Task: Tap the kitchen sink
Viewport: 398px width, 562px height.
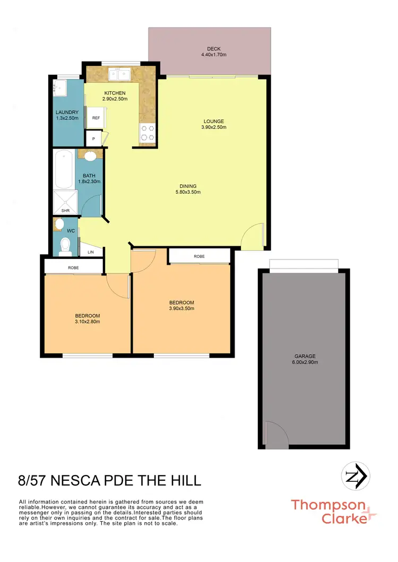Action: point(120,74)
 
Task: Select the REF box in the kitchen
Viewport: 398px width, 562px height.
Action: point(96,118)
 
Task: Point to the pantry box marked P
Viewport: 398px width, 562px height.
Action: point(93,139)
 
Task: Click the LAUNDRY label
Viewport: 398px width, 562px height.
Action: point(67,112)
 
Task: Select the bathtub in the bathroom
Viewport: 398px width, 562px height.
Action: point(63,169)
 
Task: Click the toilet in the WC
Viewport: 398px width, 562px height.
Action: point(65,245)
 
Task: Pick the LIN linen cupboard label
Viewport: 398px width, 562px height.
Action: point(91,252)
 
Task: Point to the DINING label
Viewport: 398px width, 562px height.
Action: point(188,186)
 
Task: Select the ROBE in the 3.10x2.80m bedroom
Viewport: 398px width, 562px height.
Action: point(73,268)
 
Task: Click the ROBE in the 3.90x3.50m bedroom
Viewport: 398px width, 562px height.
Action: point(199,256)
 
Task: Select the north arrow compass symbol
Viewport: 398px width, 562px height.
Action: point(355,474)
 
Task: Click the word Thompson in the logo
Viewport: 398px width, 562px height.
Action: point(328,505)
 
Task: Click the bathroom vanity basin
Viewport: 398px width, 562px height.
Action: point(90,156)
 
